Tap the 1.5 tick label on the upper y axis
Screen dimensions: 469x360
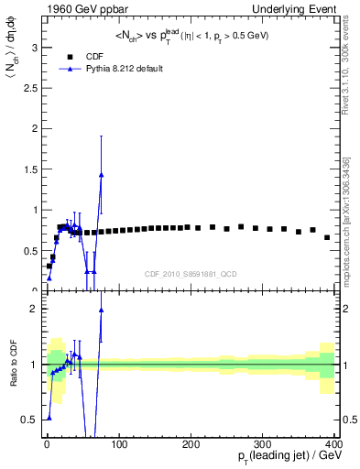(x=27, y=169)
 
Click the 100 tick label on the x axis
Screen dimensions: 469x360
(x=118, y=444)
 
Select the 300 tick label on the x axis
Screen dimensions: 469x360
(x=262, y=444)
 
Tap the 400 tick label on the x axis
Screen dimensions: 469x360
(x=333, y=444)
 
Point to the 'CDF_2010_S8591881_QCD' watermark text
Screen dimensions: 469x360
(x=190, y=273)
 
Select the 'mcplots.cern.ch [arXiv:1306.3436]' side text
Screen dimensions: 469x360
(x=350, y=211)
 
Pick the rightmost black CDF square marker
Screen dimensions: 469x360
(x=327, y=237)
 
